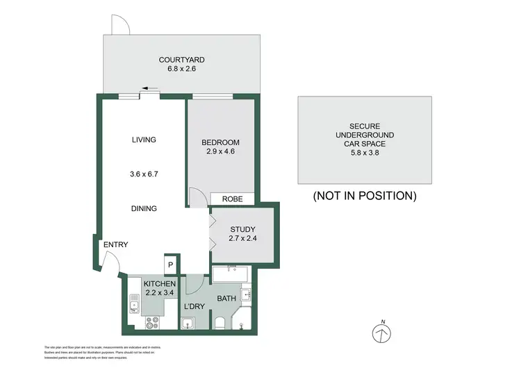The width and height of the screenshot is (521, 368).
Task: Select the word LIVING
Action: click(144, 140)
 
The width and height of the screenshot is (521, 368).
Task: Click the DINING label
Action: click(144, 208)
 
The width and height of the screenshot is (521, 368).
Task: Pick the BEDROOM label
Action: click(221, 140)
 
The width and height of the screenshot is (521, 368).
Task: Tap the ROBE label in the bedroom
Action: click(232, 199)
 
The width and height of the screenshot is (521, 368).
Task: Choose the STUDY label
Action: click(242, 230)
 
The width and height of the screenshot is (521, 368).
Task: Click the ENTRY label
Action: click(115, 245)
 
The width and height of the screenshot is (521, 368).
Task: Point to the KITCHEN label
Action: click(160, 284)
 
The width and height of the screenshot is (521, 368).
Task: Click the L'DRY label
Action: click(193, 306)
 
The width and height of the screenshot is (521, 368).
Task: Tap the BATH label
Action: click(227, 299)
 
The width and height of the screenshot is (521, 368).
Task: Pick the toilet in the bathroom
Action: click(220, 322)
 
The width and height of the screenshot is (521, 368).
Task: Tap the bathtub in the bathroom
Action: click(232, 275)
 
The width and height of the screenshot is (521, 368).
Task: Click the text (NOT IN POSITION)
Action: click(365, 196)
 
